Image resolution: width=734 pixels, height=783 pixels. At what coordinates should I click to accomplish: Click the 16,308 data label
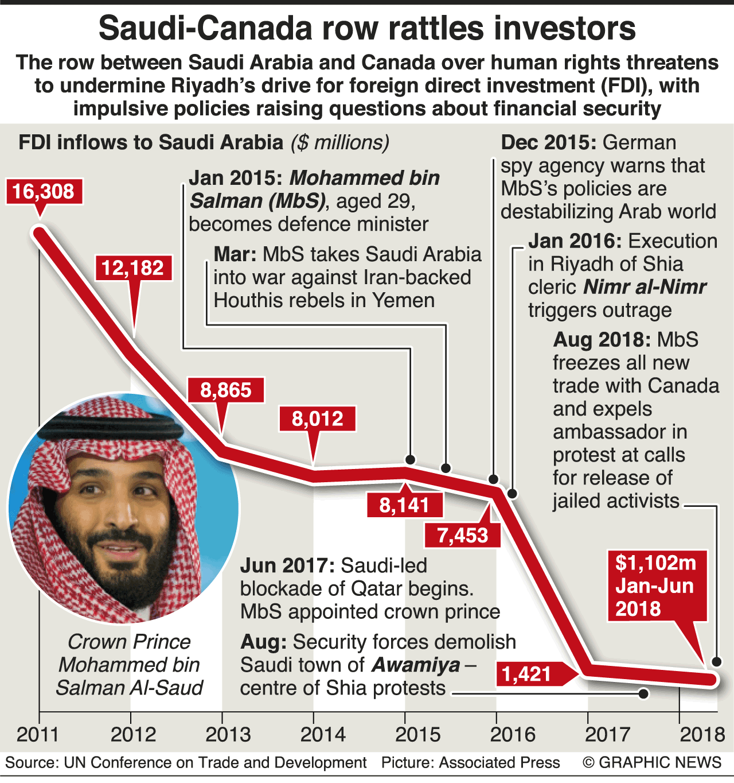click(44, 191)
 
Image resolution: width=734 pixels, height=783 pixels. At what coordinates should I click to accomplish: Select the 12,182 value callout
click(133, 268)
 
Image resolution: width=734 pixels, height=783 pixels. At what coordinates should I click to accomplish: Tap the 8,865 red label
click(226, 390)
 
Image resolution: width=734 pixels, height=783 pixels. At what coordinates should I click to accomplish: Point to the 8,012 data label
click(317, 418)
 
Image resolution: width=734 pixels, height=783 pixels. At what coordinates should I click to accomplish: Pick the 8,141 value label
click(404, 505)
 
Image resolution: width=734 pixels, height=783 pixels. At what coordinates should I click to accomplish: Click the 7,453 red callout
click(462, 535)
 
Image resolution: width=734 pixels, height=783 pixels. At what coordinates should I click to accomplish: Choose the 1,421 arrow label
click(527, 673)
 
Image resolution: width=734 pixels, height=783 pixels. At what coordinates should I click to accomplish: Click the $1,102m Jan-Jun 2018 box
click(657, 586)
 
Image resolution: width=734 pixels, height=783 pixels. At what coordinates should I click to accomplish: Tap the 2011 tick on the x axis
click(38, 734)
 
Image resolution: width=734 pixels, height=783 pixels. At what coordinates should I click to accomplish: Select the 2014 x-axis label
click(323, 734)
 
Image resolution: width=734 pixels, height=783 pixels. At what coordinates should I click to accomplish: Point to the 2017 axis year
click(607, 734)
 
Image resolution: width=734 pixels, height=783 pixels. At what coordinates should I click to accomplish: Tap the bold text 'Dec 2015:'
click(549, 142)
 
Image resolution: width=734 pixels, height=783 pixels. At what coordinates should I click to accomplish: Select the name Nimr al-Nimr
click(645, 286)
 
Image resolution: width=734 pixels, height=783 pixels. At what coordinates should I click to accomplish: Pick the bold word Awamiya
click(416, 665)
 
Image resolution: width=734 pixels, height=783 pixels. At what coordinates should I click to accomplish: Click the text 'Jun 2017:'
click(287, 565)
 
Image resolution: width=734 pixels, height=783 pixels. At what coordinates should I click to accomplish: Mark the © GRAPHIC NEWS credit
click(651, 762)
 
